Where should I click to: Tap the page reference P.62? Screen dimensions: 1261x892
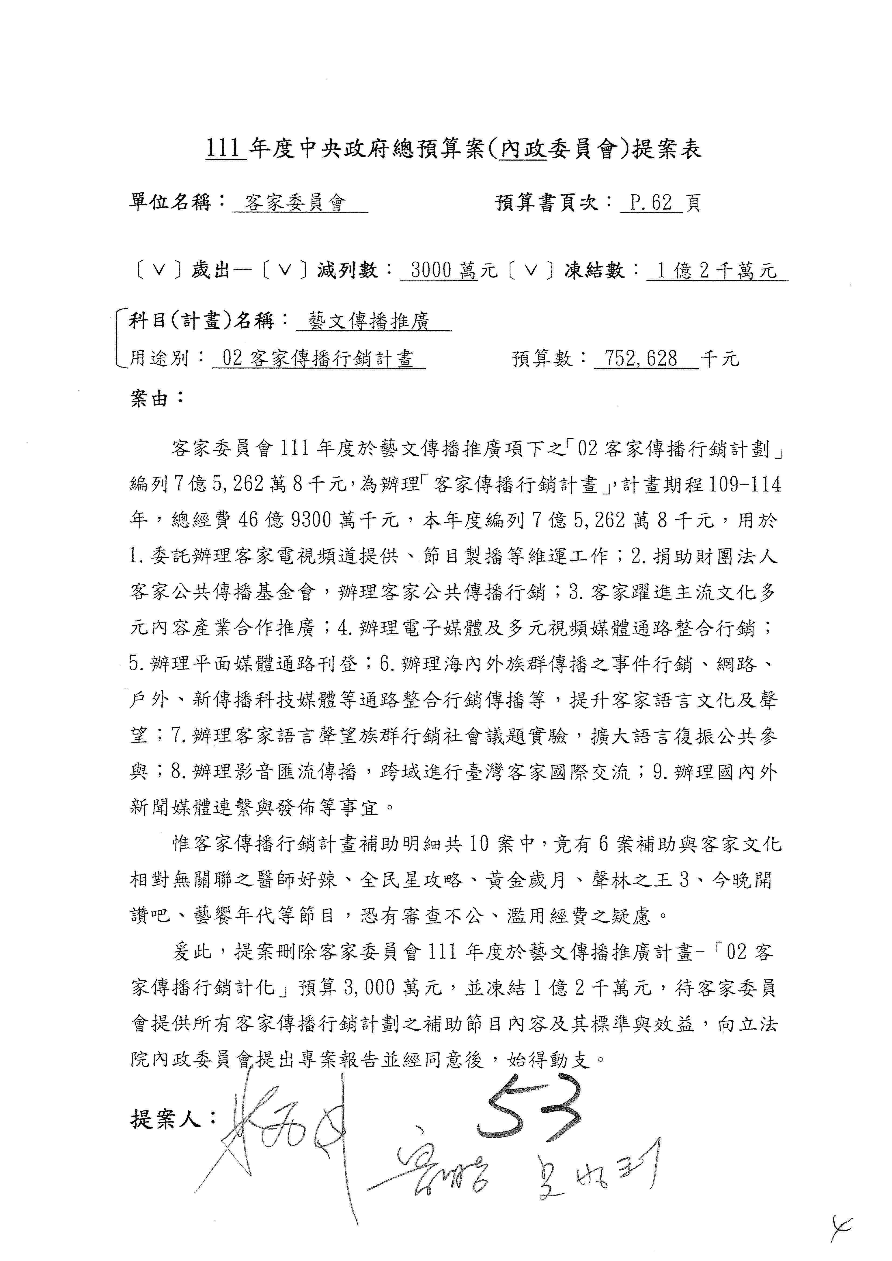651,203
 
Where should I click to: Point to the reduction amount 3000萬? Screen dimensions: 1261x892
440,270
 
